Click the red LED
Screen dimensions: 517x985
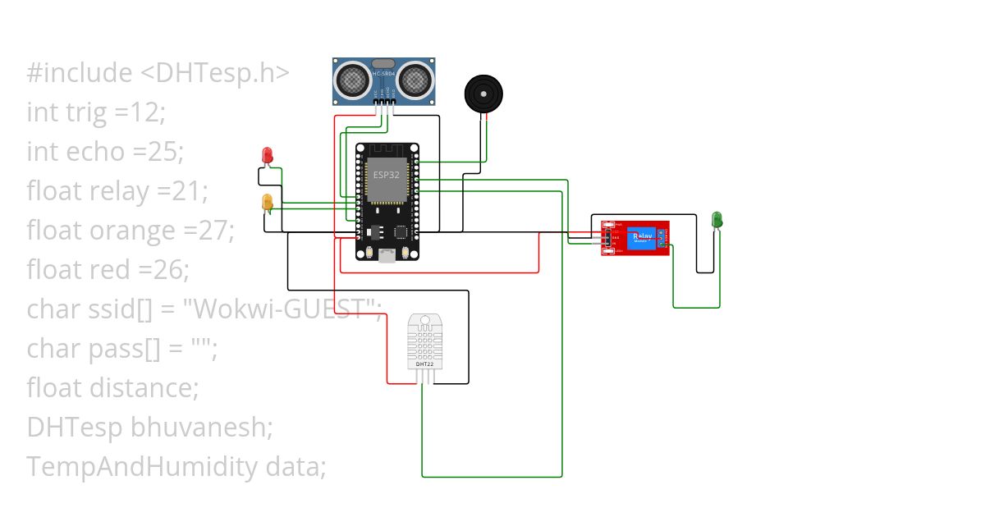(267, 154)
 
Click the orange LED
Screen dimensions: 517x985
(267, 202)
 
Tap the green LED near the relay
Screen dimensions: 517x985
(717, 219)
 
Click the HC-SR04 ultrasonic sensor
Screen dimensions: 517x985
(383, 81)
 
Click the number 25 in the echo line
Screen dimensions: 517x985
(164, 152)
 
